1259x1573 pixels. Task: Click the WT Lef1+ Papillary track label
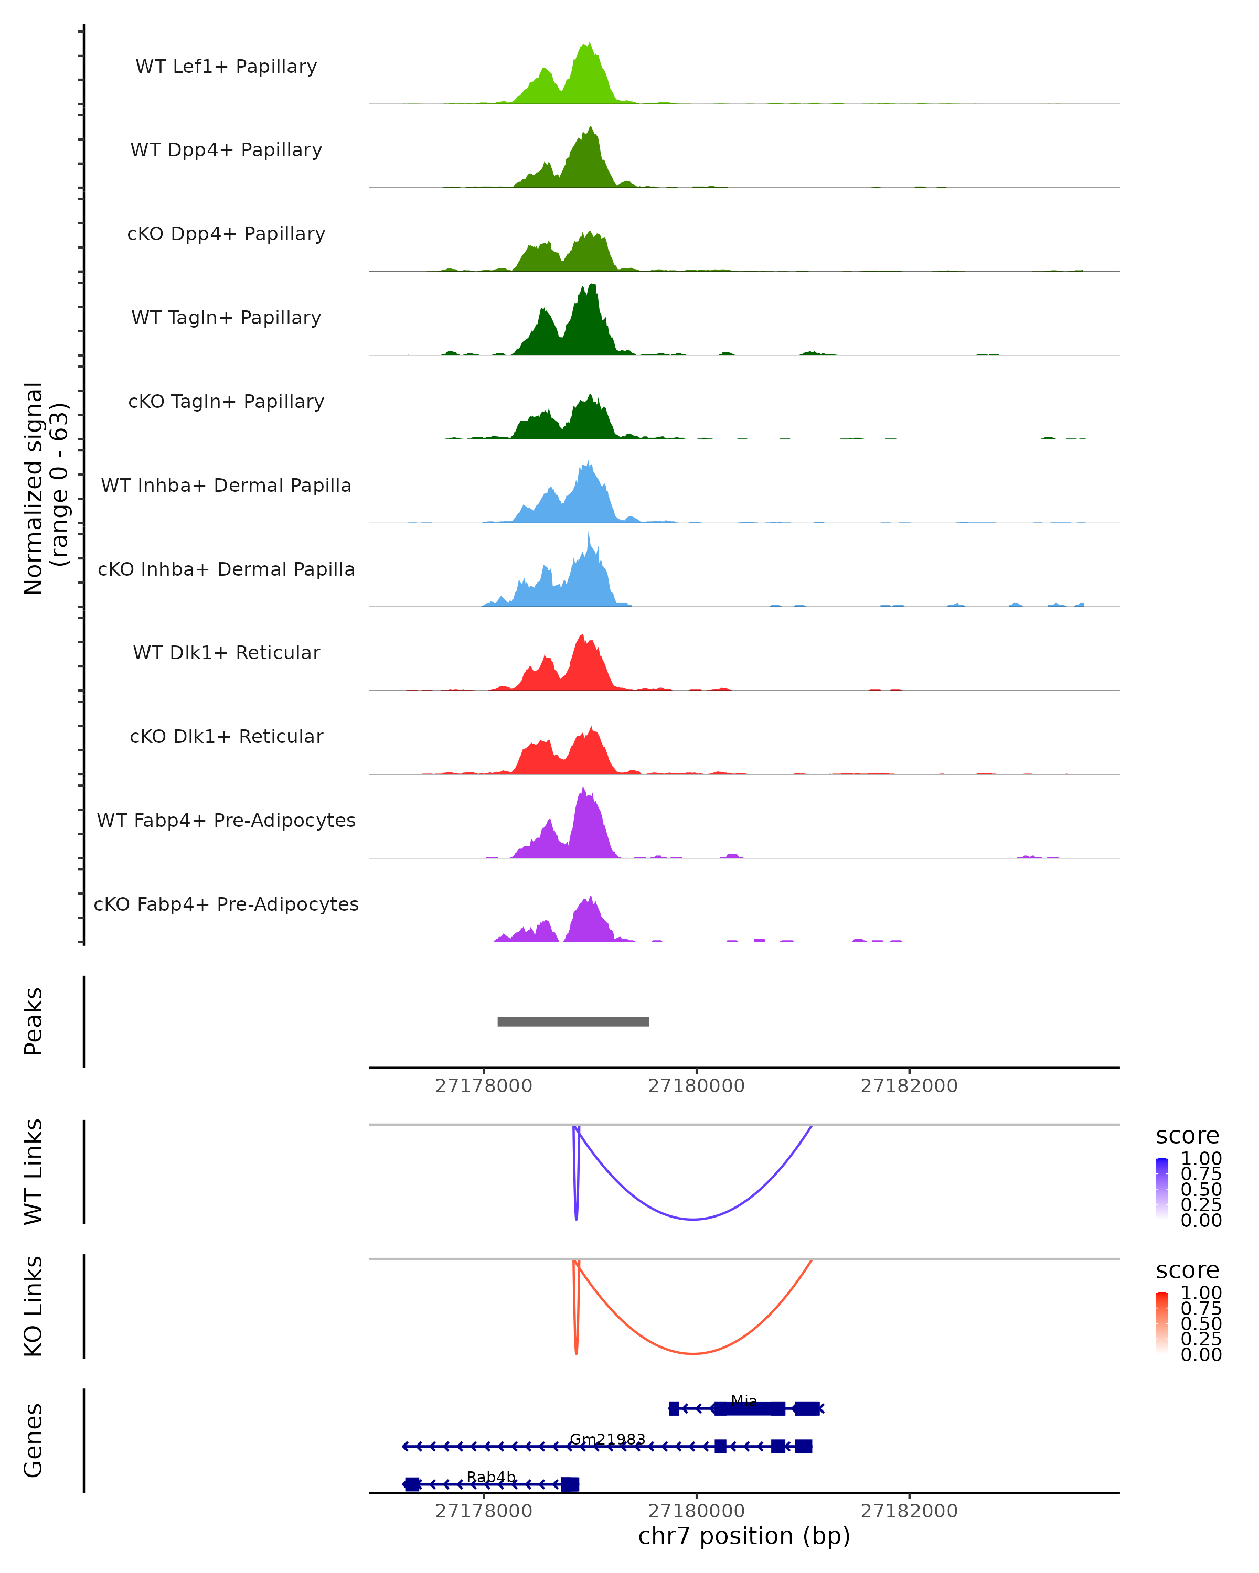coord(226,67)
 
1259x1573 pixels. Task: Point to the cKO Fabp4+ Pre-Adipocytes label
coord(226,904)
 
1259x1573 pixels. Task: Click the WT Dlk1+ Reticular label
coord(226,652)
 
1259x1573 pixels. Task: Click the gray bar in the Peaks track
coord(573,1021)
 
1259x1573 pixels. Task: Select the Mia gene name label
coord(744,1400)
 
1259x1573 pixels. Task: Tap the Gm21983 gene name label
coord(607,1439)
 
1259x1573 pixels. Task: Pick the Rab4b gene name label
coord(491,1477)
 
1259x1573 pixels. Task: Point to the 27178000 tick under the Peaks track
coord(483,1086)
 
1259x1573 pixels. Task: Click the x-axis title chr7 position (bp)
coord(744,1536)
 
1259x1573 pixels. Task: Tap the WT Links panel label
coord(34,1172)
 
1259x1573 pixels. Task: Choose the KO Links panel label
coord(34,1306)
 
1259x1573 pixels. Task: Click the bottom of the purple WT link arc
coord(693,1219)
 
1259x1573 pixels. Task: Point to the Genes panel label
coord(34,1440)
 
